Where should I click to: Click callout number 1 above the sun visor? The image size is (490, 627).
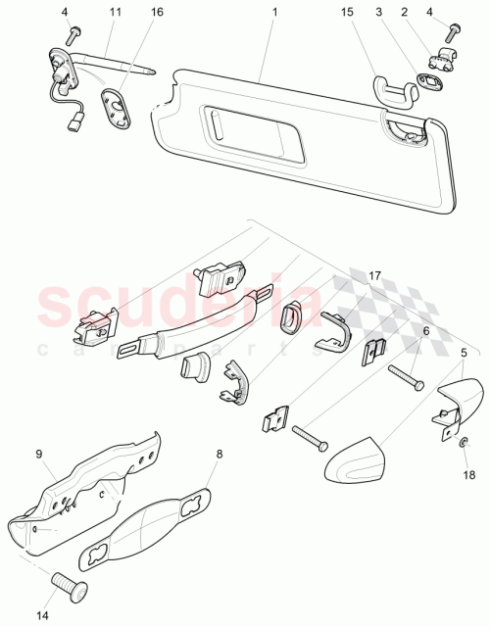pos(275,12)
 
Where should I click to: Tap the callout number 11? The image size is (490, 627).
pos(114,12)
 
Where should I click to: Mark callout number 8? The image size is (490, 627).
pos(220,454)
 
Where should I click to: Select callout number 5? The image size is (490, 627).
pos(465,352)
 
